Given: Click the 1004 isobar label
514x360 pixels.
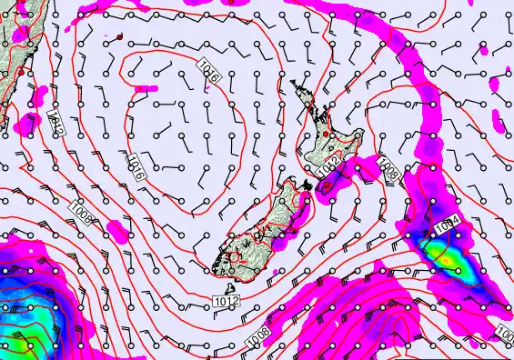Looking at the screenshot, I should [447, 225].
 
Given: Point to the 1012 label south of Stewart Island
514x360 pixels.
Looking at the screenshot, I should [227, 300].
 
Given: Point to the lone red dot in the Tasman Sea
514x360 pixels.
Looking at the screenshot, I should [119, 36].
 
